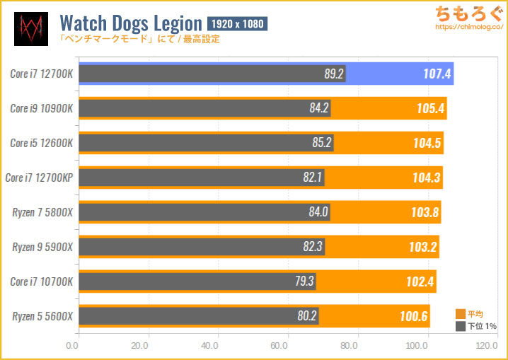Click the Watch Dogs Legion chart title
[131, 24]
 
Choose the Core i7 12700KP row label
[39, 177]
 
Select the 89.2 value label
[333, 74]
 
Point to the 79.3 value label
[305, 281]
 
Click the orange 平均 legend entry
[470, 314]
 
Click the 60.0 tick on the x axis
[278, 347]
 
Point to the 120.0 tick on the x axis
[486, 347]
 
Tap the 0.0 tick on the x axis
[71, 347]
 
